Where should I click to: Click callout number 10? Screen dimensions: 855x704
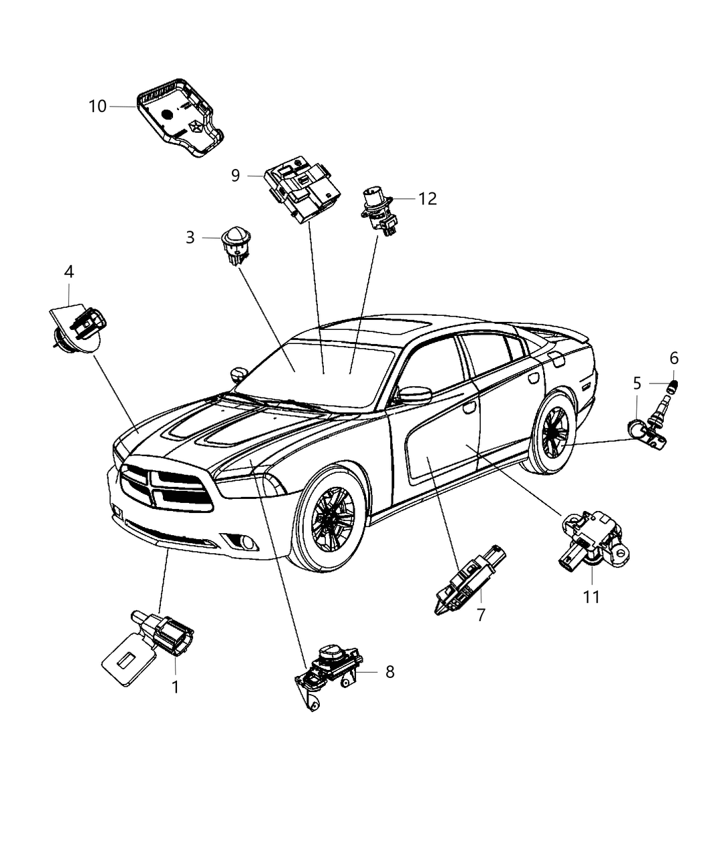pos(97,106)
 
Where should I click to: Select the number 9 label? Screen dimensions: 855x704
pos(235,176)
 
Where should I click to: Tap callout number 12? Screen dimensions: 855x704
pos(428,198)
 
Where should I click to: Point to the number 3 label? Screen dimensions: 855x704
pos(190,237)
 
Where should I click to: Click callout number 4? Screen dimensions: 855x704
pos(69,272)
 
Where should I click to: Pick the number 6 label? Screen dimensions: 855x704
pos(674,357)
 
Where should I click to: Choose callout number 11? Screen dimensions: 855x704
pos(591,596)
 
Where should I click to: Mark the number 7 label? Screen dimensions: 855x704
pos(481,614)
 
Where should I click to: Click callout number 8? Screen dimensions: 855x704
pos(390,671)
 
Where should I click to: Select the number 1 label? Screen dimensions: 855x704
pos(175,687)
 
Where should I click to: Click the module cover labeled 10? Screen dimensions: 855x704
pos(178,121)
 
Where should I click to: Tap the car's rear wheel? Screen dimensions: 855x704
pos(554,432)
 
